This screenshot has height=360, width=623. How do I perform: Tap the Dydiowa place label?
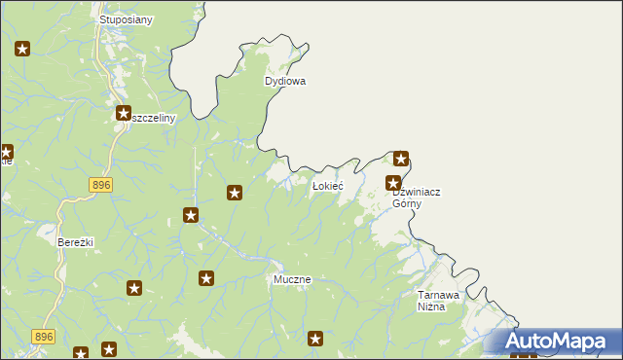(x=285, y=82)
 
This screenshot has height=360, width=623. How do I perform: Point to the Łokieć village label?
(x=326, y=185)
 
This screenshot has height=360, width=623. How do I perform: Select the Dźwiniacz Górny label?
(x=416, y=198)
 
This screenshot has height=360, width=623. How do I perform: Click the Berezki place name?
(x=75, y=242)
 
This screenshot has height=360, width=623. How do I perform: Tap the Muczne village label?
(x=292, y=279)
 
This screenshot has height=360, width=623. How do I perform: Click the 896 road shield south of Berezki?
(x=42, y=336)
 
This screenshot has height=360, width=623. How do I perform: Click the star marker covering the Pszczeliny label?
(x=124, y=114)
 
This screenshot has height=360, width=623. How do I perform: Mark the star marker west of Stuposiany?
(x=23, y=48)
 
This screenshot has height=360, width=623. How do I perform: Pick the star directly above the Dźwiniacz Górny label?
(x=394, y=182)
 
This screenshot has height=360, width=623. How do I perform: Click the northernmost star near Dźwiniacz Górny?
(x=400, y=159)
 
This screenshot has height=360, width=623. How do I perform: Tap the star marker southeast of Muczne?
(x=315, y=339)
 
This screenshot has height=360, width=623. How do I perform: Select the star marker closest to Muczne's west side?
(x=206, y=279)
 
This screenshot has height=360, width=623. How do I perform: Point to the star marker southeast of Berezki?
(x=134, y=288)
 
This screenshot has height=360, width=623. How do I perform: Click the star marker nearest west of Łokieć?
(x=235, y=193)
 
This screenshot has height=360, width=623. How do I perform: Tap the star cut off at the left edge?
(x=5, y=152)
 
